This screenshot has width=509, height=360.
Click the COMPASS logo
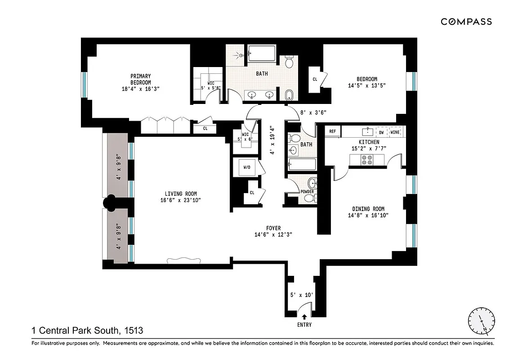(x=466, y=22)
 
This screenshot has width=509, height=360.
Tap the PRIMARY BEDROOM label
(x=141, y=79)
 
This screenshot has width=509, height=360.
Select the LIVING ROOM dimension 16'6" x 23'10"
(x=181, y=201)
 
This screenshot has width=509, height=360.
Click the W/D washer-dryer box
(x=247, y=168)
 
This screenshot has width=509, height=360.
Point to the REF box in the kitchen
(x=333, y=131)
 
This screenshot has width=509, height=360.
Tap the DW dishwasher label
(x=381, y=132)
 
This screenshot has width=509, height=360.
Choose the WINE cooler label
(x=395, y=132)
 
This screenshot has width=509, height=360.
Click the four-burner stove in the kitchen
(x=366, y=159)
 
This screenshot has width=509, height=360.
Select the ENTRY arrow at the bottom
(x=304, y=317)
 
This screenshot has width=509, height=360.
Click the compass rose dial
(x=481, y=321)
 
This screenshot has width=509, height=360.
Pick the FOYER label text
(x=273, y=229)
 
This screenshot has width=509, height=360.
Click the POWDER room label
(x=307, y=192)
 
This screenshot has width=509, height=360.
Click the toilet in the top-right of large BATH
(x=289, y=62)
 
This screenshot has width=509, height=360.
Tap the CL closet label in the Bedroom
(x=315, y=79)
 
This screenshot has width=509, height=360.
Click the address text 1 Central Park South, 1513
(x=87, y=331)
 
